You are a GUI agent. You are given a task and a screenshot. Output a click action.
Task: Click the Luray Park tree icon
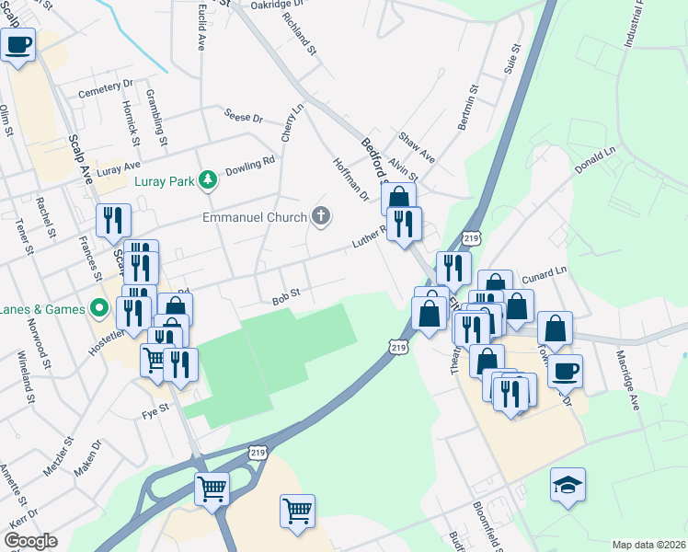[x=209, y=179]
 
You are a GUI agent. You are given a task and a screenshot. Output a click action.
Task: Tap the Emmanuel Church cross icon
[x=320, y=217]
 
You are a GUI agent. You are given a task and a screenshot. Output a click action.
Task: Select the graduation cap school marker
[x=568, y=485]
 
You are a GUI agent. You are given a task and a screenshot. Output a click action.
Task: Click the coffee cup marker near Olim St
[x=17, y=44]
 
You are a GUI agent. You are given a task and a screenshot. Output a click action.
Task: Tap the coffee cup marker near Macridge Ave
[x=565, y=371]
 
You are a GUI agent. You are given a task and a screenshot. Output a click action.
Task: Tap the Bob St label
[x=286, y=298]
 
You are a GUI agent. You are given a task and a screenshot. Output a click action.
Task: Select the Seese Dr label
[x=244, y=117]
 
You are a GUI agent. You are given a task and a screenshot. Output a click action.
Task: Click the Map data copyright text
[x=648, y=545]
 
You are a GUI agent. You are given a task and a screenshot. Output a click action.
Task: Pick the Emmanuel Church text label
[x=255, y=218]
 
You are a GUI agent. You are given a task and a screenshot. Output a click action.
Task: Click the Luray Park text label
[x=165, y=181]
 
